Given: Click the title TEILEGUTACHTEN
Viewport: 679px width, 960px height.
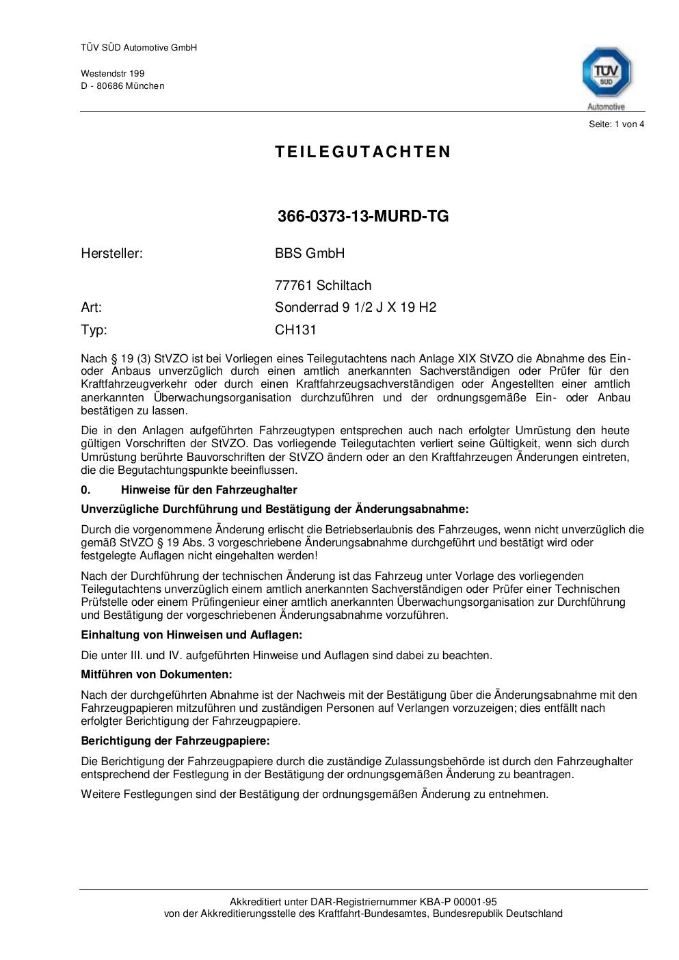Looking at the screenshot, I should [x=363, y=152].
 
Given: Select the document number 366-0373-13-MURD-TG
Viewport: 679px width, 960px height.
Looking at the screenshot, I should [x=363, y=216].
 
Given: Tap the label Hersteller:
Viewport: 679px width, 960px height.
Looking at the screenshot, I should [x=111, y=253].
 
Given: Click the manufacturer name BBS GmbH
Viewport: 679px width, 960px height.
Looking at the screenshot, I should [x=310, y=253].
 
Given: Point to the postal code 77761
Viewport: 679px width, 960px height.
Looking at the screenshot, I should [x=294, y=285].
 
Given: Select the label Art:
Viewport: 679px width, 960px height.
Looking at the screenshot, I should [x=91, y=307].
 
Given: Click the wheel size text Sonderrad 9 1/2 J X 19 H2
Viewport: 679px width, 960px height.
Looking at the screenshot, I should [x=356, y=307].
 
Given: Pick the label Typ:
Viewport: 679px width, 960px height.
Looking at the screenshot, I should [x=94, y=330].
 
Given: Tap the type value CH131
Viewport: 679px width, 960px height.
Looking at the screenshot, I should [x=295, y=330].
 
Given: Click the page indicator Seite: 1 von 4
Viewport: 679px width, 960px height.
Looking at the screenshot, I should [x=616, y=124].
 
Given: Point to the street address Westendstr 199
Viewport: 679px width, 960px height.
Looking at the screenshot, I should [x=113, y=73].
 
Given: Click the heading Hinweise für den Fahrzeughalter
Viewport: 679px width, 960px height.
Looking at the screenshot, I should [x=209, y=490].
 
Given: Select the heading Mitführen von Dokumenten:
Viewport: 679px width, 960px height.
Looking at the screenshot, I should [x=157, y=674].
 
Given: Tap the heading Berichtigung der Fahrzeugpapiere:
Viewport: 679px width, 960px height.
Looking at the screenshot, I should [x=175, y=741].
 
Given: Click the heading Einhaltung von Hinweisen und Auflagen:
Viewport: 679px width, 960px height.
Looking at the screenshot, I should [x=191, y=635].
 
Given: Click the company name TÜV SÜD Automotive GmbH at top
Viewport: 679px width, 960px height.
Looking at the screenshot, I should [x=139, y=48].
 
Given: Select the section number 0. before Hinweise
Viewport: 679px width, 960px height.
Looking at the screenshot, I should [x=85, y=490].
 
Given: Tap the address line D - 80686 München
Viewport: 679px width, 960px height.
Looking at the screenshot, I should [x=122, y=85].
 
